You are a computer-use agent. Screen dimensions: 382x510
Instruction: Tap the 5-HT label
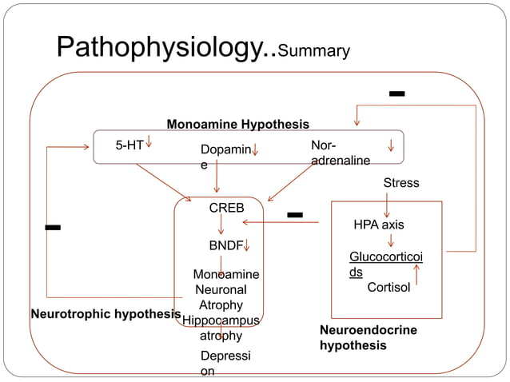click(129, 145)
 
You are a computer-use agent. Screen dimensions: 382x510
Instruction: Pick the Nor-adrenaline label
click(340, 153)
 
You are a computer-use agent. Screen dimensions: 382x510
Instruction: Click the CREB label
click(226, 208)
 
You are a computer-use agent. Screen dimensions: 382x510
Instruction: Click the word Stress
click(400, 183)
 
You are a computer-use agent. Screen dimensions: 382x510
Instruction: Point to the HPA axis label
click(379, 225)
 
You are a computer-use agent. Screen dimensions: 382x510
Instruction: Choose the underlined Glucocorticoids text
click(386, 264)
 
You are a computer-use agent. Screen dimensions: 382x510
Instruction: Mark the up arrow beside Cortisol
click(416, 274)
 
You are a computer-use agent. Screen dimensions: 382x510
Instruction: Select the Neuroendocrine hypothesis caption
click(368, 337)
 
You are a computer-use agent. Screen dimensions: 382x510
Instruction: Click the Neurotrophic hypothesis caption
click(106, 314)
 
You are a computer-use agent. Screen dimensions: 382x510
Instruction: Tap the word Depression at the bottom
click(219, 363)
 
